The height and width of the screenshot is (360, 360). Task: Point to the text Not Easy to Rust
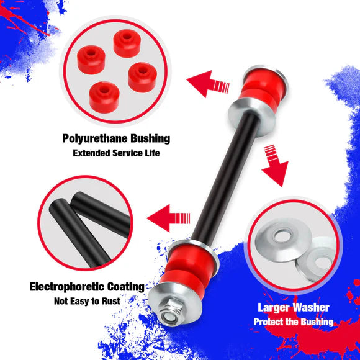pos(86,302)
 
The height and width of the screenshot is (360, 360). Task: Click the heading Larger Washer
pos(294,307)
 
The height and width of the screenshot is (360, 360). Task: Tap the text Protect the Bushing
pos(294,322)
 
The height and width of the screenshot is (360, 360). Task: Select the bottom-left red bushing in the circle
pos(103,94)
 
